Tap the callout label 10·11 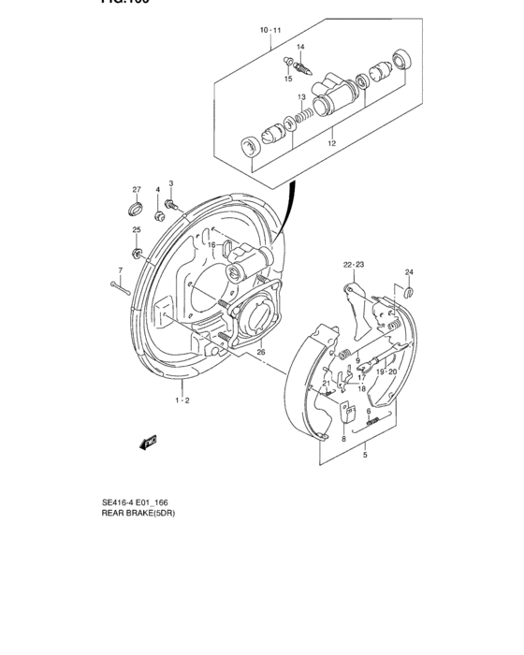point(269,31)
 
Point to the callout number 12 point(331,144)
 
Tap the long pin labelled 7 point(120,287)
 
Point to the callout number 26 point(261,352)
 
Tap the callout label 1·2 point(182,400)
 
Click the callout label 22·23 point(353,265)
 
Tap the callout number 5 point(365,456)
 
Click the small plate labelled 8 point(343,413)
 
